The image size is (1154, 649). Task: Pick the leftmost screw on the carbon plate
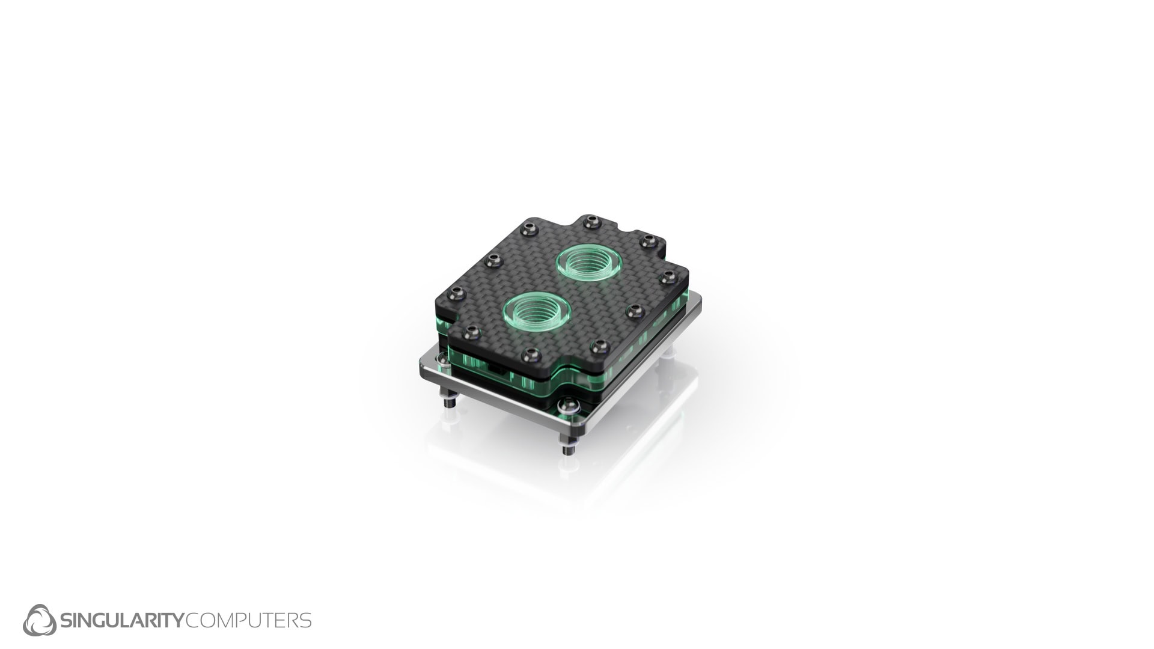tap(457, 294)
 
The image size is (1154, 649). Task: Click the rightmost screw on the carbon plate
tap(667, 277)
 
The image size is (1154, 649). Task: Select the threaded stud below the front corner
tap(567, 448)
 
